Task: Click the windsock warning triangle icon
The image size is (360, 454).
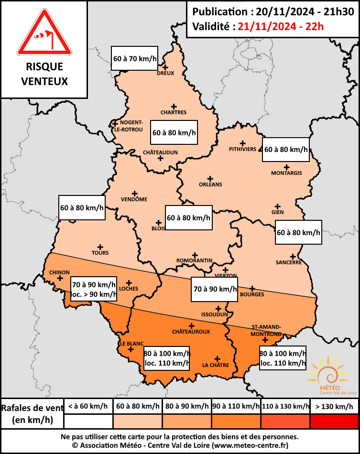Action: point(44,33)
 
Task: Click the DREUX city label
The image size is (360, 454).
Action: point(165,73)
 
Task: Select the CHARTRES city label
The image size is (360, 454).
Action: point(174,112)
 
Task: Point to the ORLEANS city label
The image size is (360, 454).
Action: point(210,184)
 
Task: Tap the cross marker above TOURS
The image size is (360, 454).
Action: point(100,247)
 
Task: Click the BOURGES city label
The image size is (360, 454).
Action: point(252,294)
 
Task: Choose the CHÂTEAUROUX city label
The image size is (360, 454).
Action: point(191,331)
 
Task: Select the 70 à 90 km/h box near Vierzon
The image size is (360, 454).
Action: point(215,289)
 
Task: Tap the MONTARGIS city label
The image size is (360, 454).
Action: point(286,173)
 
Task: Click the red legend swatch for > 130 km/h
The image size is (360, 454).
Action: point(334,421)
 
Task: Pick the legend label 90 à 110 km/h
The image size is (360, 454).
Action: point(236,406)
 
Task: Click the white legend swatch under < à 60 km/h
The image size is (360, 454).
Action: point(88,421)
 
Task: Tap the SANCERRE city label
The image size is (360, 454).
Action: point(289,262)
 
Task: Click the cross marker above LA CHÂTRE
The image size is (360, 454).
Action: point(218,358)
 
